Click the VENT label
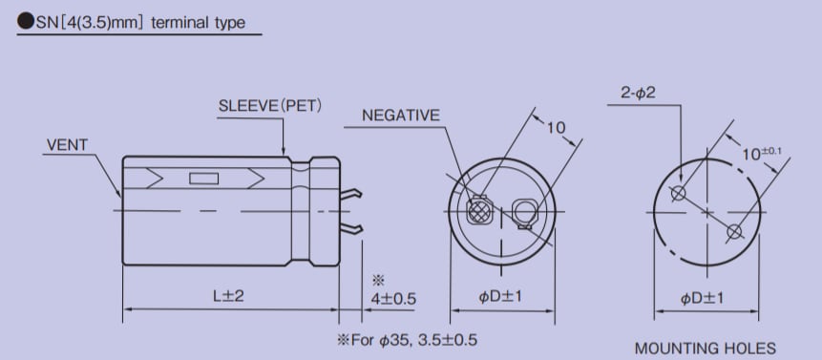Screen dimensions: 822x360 (66, 145)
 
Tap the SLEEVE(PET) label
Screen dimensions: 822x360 (271, 104)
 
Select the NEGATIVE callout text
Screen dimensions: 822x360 (401, 116)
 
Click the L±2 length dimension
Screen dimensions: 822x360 (228, 297)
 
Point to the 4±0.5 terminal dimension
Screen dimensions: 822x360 (391, 298)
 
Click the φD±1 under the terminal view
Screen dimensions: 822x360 (507, 297)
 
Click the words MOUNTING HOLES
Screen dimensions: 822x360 (706, 348)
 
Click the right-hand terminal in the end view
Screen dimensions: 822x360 (524, 211)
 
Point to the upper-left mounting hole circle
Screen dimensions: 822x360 (678, 194)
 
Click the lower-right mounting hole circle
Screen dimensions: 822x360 (733, 231)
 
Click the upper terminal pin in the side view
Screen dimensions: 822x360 (351, 197)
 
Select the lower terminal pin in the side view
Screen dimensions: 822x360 (351, 228)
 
